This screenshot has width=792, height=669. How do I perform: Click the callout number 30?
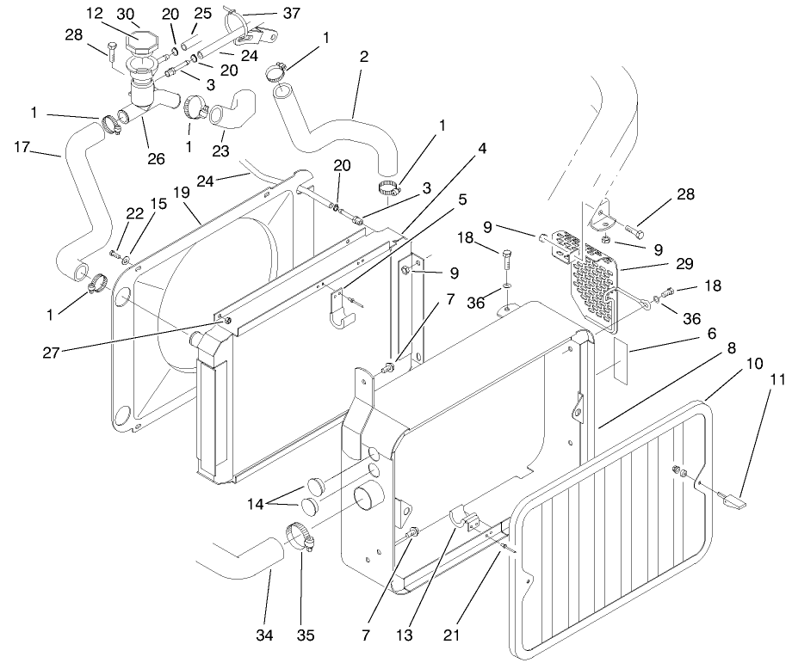tap(127, 14)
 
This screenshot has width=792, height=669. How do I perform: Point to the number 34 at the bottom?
tap(264, 635)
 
